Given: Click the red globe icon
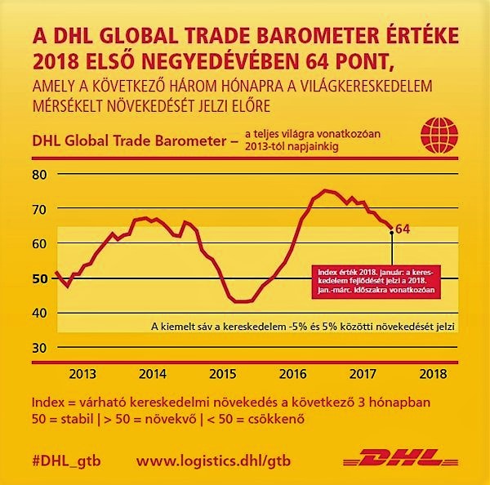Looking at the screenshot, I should (434, 134).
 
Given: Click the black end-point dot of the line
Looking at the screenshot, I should (391, 233).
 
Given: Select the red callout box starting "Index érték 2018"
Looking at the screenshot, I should (375, 278).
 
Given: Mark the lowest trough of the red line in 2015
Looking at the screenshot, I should (242, 300).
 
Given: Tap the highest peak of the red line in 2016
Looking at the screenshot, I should (324, 190).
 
